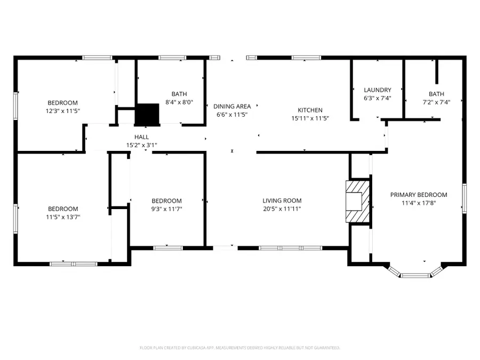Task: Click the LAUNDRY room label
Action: (x=377, y=90)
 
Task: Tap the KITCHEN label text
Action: (x=310, y=110)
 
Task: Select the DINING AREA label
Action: (x=232, y=106)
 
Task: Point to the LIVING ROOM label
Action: (x=282, y=201)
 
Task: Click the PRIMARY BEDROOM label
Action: (x=418, y=195)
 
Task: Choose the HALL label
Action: (x=141, y=137)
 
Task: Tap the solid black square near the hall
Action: (x=147, y=114)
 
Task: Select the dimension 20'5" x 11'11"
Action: (x=282, y=209)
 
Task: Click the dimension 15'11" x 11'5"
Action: (x=310, y=118)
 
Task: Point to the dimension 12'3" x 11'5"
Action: (x=62, y=111)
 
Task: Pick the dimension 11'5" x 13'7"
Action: (x=62, y=217)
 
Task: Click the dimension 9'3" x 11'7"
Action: (x=166, y=209)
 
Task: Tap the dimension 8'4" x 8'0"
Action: (x=179, y=102)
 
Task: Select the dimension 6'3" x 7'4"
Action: (x=377, y=98)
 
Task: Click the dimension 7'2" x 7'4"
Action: (x=436, y=102)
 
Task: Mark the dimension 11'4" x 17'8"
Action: (x=418, y=203)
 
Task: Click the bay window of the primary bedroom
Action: (x=414, y=274)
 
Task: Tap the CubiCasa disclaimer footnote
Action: (x=239, y=347)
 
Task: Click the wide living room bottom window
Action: (x=291, y=247)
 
